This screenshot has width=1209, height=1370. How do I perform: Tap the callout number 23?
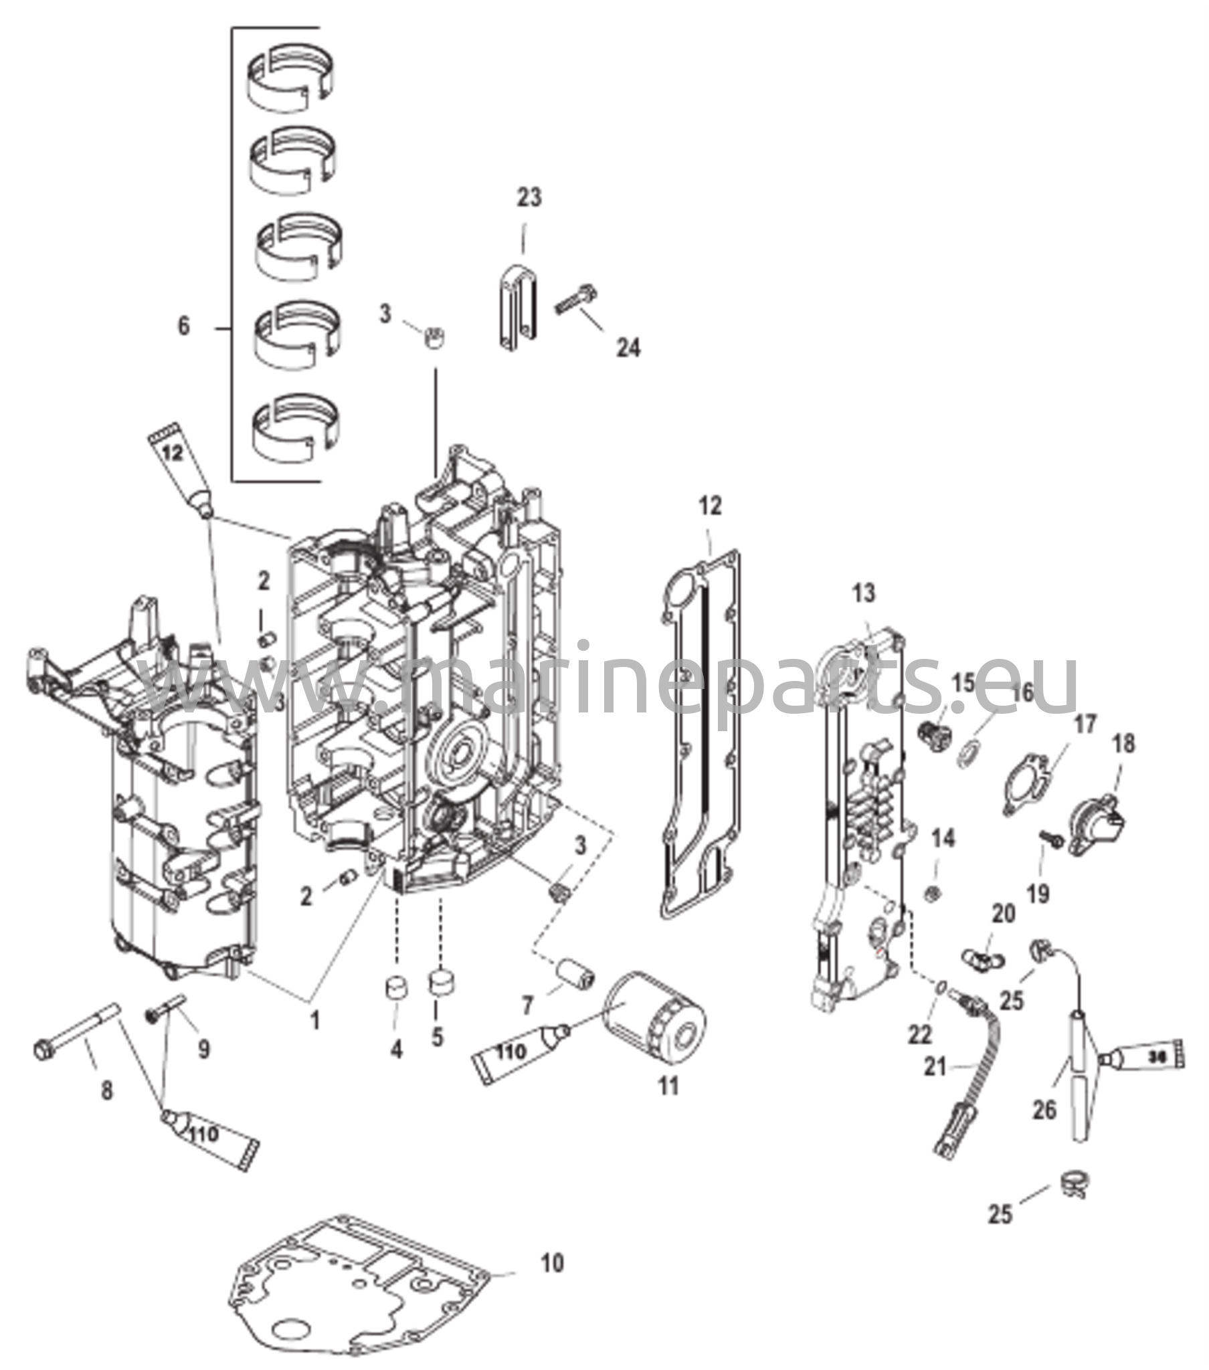pos(529,199)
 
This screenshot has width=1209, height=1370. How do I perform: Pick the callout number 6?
pos(184,326)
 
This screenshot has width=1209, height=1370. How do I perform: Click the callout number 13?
pos(864,593)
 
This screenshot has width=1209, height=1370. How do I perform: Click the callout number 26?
pos(1043,1110)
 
